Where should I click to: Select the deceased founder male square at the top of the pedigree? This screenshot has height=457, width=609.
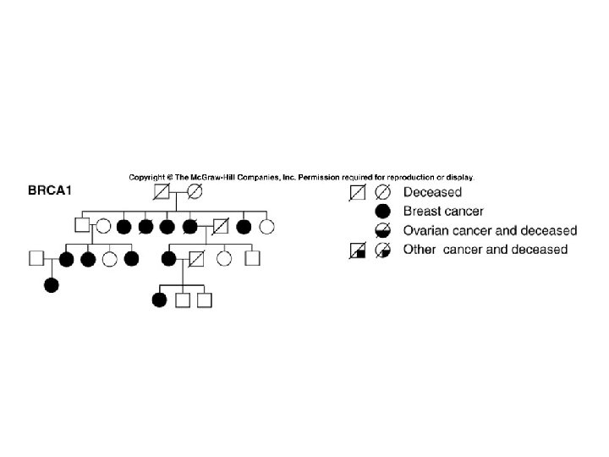coord(160,192)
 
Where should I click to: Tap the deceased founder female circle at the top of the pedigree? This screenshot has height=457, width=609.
coord(194,192)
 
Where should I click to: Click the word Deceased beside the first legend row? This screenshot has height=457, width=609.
coord(432,193)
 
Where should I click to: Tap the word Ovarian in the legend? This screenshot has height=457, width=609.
coord(426,230)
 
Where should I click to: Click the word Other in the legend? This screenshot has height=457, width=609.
coord(420,249)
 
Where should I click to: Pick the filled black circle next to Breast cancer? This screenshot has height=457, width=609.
coord(381,211)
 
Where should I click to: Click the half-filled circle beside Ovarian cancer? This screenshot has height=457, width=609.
coord(381,230)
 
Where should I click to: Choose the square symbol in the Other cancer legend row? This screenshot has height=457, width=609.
coord(359,250)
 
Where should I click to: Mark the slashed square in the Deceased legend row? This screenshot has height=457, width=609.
coord(359,193)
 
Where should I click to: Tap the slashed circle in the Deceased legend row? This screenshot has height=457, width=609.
coord(381,193)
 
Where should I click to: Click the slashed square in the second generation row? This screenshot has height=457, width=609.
coord(221,226)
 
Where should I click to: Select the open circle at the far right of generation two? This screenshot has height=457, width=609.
coord(267,226)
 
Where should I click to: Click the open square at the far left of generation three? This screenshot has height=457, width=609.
coord(36,257)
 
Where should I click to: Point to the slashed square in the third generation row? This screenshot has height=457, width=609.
coord(196,257)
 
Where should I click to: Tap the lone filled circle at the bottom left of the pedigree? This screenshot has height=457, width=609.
coord(52,285)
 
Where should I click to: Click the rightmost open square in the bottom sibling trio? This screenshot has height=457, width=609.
coord(203,299)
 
